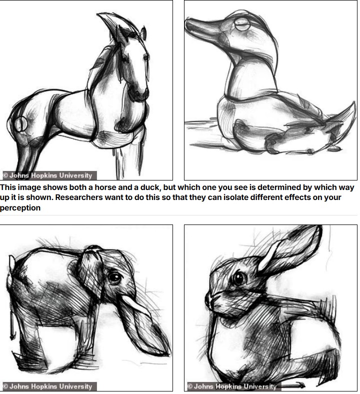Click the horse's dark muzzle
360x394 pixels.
138,92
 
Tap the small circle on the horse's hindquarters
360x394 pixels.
20,124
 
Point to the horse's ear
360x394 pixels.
143,33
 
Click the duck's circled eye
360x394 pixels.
242,24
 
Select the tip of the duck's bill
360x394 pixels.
186,22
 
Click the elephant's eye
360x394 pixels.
115,277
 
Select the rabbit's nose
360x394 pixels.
208,299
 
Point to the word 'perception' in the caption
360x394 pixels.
20,208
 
